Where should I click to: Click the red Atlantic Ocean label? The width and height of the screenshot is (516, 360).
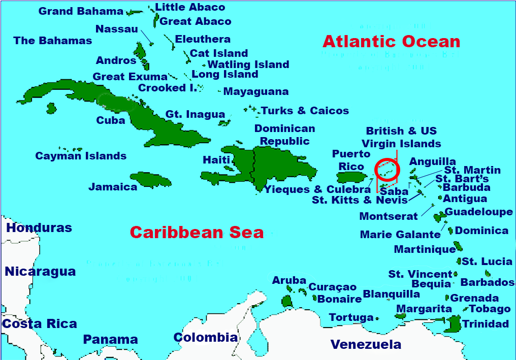click(391, 42)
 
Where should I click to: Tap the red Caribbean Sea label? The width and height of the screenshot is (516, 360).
click(197, 233)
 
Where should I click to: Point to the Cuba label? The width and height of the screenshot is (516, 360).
click(111, 120)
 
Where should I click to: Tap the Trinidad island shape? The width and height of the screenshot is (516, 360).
click(453, 323)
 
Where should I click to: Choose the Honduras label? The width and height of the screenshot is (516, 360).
click(39, 228)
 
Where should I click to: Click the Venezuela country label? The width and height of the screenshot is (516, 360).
click(366, 345)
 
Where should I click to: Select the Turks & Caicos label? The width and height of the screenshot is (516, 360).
click(305, 111)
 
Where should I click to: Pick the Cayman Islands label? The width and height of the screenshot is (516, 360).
click(81, 156)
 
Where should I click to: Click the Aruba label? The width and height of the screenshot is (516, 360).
click(289, 280)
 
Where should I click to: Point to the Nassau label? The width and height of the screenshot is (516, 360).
click(117, 29)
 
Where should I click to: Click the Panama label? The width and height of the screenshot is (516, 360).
click(110, 340)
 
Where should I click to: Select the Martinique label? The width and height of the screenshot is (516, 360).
click(425, 249)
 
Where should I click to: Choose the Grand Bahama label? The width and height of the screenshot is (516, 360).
click(81, 11)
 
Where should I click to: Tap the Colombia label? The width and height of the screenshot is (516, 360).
click(205, 337)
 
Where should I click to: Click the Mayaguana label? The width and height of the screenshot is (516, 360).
click(256, 92)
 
